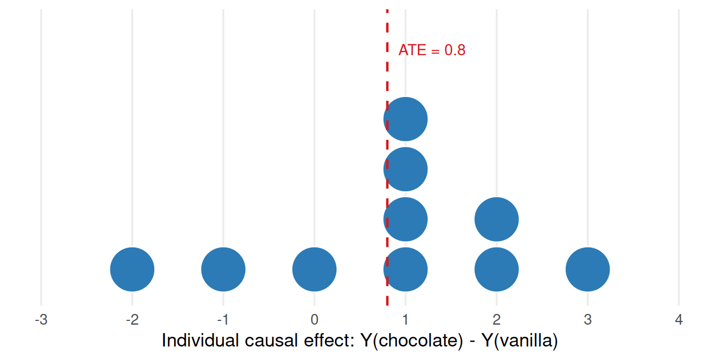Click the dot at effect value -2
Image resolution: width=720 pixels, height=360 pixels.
click(132, 269)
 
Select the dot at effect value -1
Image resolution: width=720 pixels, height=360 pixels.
click(223, 269)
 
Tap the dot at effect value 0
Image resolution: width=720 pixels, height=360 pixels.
click(314, 269)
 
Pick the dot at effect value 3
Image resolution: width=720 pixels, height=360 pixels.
click(588, 269)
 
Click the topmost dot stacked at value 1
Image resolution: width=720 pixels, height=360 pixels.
click(406, 119)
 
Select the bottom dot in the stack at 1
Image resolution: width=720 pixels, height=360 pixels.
click(406, 269)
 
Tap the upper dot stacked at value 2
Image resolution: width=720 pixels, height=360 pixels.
click(497, 219)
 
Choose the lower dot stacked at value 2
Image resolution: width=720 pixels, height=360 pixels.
click(497, 269)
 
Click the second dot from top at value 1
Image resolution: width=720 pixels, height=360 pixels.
click(406, 169)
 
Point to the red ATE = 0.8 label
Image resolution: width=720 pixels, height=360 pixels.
click(432, 50)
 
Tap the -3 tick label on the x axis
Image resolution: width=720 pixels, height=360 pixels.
click(41, 320)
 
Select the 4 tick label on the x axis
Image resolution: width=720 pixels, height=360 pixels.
click(679, 320)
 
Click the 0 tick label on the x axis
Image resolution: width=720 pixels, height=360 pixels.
click(314, 320)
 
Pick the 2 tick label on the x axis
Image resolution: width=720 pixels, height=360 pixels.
click(497, 320)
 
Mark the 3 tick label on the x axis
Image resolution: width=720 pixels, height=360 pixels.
click(588, 320)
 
